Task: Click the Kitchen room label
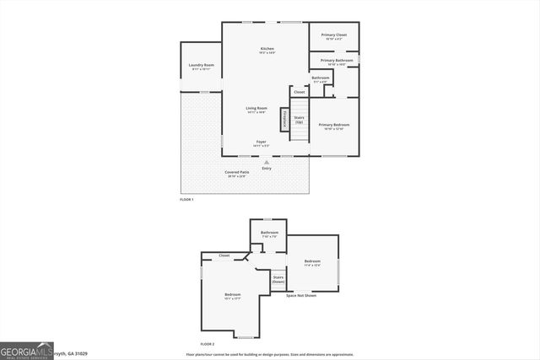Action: click(267, 50)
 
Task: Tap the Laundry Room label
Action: click(201, 66)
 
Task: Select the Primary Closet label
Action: click(334, 35)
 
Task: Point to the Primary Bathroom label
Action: click(336, 61)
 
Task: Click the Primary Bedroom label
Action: click(334, 125)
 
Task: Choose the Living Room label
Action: click(256, 108)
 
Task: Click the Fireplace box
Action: click(286, 119)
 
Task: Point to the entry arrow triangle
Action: click(267, 161)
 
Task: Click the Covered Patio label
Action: click(236, 173)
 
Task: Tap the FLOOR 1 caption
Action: click(186, 199)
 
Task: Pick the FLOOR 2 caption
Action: click(208, 345)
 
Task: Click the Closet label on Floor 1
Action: click(300, 92)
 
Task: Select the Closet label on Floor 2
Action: click(224, 255)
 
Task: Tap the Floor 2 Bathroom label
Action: click(269, 233)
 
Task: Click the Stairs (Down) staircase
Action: click(278, 280)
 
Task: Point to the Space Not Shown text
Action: click(301, 296)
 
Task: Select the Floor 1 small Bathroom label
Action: click(321, 78)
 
